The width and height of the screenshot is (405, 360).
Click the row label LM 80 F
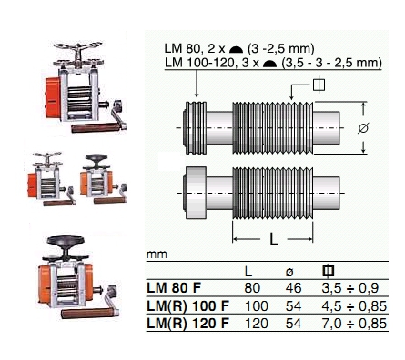(174, 288)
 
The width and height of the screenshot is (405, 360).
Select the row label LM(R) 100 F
(188, 306)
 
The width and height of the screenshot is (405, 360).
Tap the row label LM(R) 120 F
(188, 324)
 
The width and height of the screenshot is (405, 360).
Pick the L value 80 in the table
(252, 288)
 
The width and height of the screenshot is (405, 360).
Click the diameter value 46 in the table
(293, 288)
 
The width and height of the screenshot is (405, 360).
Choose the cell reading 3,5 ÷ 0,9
(350, 288)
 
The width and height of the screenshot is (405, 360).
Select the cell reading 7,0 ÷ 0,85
(354, 324)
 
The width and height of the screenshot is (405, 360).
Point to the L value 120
(257, 324)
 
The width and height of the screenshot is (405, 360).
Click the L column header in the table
(248, 272)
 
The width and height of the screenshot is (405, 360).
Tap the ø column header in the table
(289, 272)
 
